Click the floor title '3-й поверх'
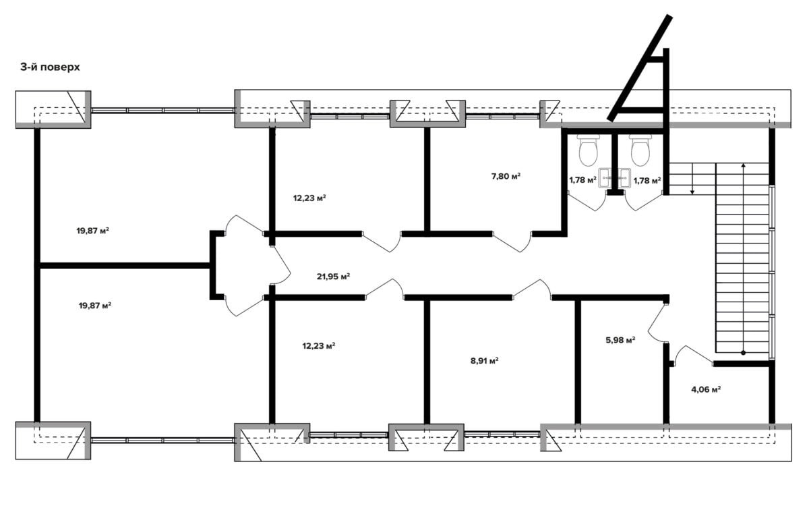point(50,67)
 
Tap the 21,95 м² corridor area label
point(333,277)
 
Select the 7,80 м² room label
point(506,176)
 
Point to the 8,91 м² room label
point(485,361)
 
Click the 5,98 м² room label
point(620,340)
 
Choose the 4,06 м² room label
point(706,390)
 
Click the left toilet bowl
point(589,150)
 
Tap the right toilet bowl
point(640,150)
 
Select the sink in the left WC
point(605,178)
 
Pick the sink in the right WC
point(624,178)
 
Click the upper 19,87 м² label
point(93,231)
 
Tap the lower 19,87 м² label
point(95,306)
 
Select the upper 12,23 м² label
point(309,198)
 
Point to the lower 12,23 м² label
point(319,346)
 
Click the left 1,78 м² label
point(582,179)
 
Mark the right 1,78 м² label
point(647,180)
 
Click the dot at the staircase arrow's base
point(743,353)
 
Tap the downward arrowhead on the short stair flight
point(692,192)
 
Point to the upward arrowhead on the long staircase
point(743,165)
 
